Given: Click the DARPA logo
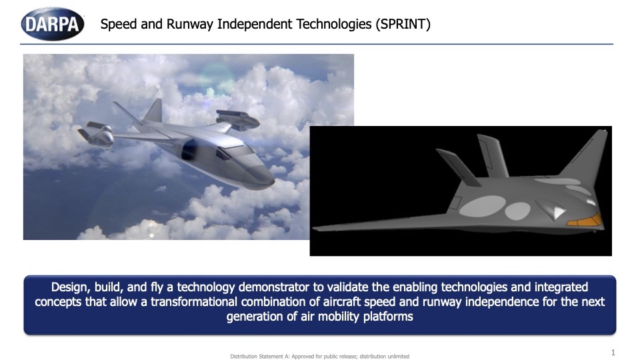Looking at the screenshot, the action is [53, 24].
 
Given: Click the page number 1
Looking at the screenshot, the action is [613, 352].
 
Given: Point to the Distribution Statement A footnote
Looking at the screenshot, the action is [319, 356].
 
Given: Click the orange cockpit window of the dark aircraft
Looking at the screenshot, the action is [584, 221].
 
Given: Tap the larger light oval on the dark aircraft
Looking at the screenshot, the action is [483, 206].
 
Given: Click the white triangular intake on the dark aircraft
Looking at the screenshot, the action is [559, 213].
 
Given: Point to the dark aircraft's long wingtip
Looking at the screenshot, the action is [315, 228].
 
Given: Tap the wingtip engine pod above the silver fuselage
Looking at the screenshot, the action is [238, 119].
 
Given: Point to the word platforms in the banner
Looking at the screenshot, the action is [388, 317].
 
